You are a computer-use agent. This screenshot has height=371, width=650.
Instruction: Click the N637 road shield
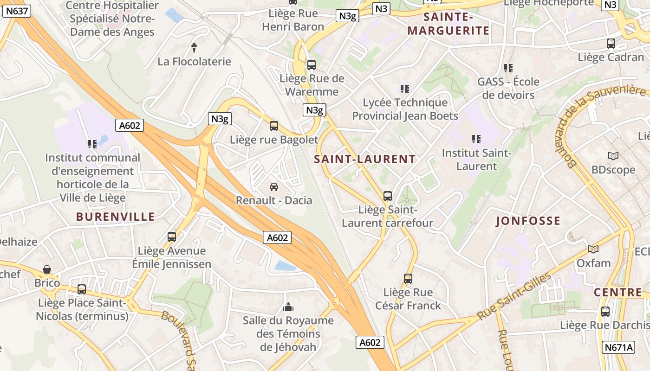[x=17, y=11]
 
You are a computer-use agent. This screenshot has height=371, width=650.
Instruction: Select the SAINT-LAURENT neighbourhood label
[x=365, y=159]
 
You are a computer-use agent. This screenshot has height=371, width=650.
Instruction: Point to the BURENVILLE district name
[x=115, y=217]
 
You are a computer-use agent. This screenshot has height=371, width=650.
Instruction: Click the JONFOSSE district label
[x=528, y=221]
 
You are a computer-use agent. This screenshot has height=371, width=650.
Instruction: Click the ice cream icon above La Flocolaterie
[x=194, y=47]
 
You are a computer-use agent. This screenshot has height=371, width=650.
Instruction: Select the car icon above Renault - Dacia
[x=274, y=187]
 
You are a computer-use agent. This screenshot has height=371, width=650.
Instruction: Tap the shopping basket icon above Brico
[x=47, y=269]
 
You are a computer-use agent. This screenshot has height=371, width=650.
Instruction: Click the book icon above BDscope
[x=613, y=156]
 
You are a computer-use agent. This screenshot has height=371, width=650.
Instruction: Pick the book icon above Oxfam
[x=593, y=249]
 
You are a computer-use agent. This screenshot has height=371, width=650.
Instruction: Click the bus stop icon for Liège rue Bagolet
[x=274, y=126]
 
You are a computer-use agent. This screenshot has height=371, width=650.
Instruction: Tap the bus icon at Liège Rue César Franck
[x=408, y=278]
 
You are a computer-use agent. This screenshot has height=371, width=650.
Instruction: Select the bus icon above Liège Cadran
[x=611, y=44]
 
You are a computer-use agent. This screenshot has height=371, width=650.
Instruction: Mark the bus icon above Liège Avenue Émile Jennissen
[x=172, y=237]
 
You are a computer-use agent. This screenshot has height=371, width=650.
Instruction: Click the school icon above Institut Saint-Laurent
[x=476, y=139]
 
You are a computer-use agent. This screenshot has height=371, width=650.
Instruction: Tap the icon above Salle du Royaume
[x=288, y=307]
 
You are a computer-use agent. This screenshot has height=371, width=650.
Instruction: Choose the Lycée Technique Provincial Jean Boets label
[x=405, y=109]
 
